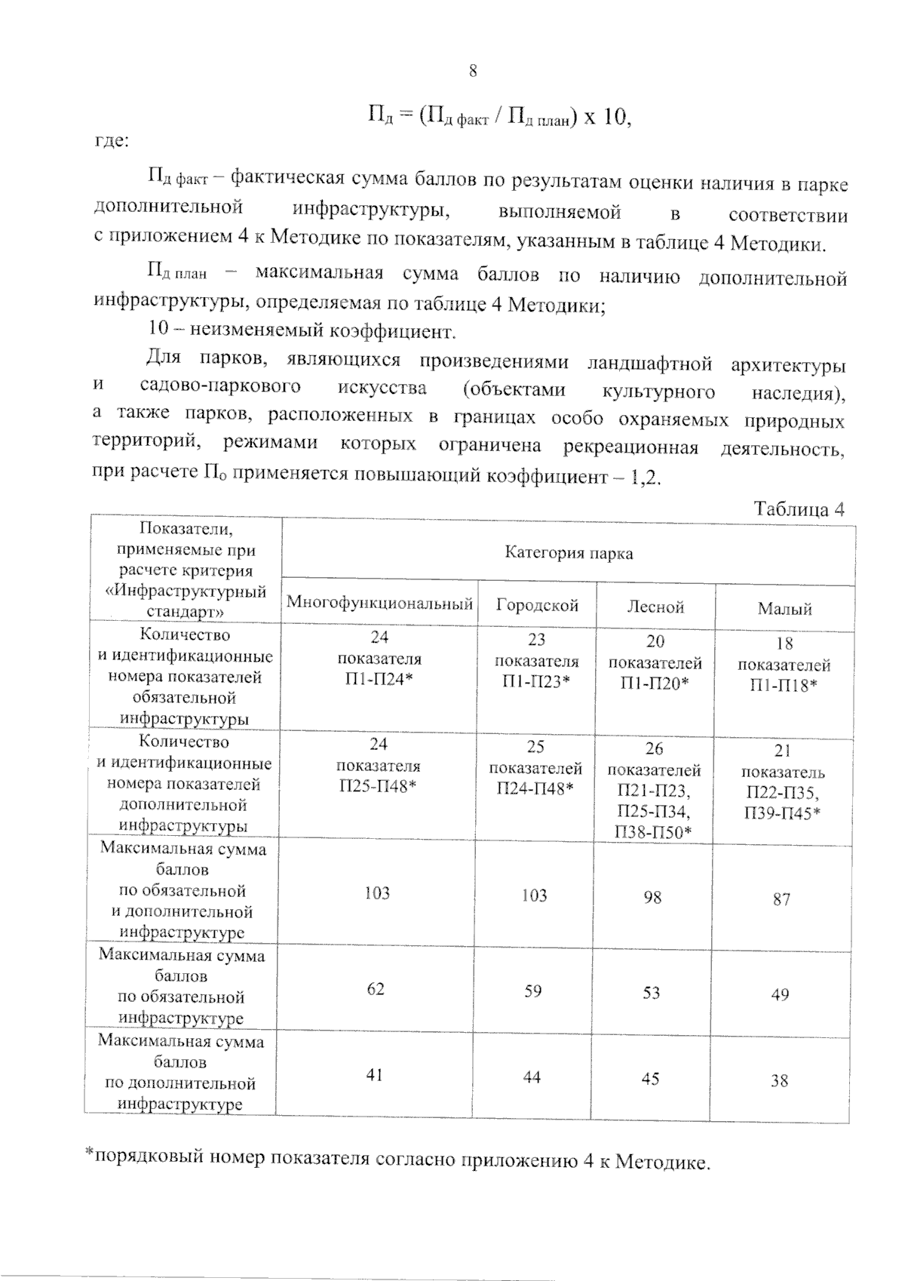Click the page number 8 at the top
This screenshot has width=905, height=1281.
[473, 72]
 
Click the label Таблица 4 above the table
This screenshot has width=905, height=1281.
[799, 509]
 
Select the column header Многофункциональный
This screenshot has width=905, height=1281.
[379, 604]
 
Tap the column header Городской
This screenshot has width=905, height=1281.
[537, 605]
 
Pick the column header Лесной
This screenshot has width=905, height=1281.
[655, 607]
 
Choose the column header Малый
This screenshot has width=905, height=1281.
[784, 609]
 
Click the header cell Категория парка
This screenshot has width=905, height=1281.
[569, 554]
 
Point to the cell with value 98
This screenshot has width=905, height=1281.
[652, 897]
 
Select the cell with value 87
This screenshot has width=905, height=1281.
[781, 899]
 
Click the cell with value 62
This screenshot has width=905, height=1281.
[376, 988]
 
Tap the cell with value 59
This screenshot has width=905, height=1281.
[533, 991]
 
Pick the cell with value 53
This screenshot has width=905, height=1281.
[652, 993]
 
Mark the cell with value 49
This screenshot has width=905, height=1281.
[780, 994]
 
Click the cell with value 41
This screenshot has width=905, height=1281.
[375, 1074]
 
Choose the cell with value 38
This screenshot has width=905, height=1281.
[779, 1080]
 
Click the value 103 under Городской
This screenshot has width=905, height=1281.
[534, 895]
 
